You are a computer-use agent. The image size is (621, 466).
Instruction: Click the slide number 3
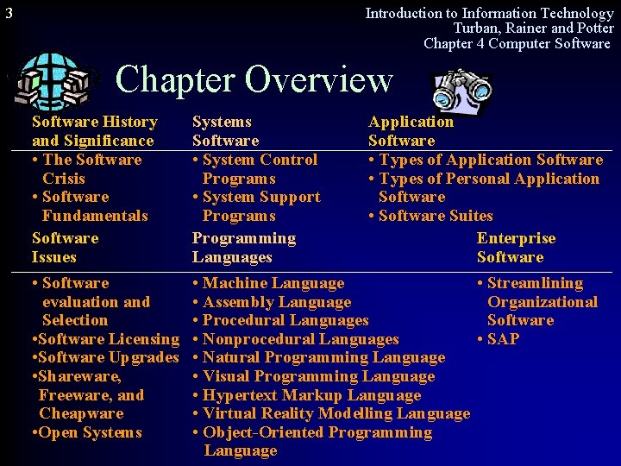tap(9, 13)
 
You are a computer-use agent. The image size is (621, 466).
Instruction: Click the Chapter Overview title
tap(254, 79)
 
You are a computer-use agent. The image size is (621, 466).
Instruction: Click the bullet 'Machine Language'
tap(272, 283)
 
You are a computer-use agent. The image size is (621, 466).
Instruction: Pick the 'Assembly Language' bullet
tap(275, 302)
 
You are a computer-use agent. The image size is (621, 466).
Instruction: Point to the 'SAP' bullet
tap(502, 339)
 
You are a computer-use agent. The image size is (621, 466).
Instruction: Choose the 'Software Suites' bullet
tap(435, 216)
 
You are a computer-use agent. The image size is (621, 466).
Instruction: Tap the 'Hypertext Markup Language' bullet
tap(310, 395)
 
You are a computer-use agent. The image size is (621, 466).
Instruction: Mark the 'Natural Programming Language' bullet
tap(323, 357)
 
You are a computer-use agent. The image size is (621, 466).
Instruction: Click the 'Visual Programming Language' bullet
tap(317, 376)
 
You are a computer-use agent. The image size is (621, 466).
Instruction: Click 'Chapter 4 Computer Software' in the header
tap(517, 43)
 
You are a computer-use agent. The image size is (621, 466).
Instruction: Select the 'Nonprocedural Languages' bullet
tap(299, 339)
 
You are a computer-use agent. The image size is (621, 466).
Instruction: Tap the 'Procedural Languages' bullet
tap(284, 320)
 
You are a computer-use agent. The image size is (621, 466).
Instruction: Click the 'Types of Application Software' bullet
tap(489, 160)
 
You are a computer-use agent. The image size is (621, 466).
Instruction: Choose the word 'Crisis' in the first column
tap(64, 179)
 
